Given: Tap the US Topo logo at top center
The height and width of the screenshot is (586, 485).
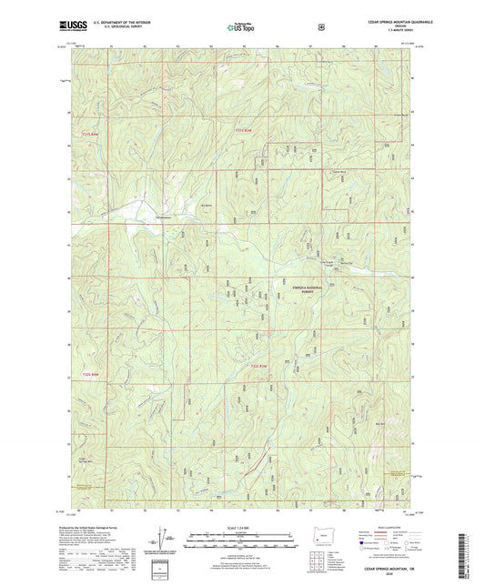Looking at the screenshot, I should [x=242, y=26].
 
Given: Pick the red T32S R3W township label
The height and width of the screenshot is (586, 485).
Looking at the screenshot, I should [x=259, y=366].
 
